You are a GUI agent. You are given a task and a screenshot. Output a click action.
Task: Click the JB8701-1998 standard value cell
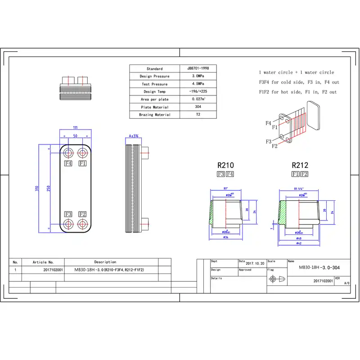pyautogui.click(x=198, y=68)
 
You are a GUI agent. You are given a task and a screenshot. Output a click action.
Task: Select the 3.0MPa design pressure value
pyautogui.click(x=198, y=76)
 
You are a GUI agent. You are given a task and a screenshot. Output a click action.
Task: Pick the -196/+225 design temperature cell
pyautogui.click(x=198, y=92)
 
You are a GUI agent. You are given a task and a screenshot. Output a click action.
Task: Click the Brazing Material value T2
pyautogui.click(x=198, y=115)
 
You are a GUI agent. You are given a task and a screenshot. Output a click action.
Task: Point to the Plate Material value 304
pyautogui.click(x=198, y=107)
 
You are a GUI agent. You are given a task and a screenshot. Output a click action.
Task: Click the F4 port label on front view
pyautogui.click(x=68, y=163)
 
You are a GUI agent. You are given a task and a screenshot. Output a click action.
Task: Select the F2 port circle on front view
pyautogui.click(x=82, y=224)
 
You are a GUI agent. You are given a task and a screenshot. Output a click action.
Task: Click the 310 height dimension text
pyautogui.click(x=37, y=188)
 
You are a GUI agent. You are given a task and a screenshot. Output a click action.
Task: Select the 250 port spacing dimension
pyautogui.click(x=47, y=188)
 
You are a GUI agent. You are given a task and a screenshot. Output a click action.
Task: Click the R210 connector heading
pyautogui.click(x=225, y=165)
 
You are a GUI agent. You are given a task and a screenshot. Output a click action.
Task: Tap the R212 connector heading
pyautogui.click(x=300, y=165)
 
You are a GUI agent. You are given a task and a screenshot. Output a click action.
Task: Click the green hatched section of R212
pyautogui.click(x=283, y=213)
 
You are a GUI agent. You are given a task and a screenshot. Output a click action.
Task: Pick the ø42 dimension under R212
pyautogui.click(x=299, y=243)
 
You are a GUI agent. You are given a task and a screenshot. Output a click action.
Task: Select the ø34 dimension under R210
pyautogui.click(x=225, y=237)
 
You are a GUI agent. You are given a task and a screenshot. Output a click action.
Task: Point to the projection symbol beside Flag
pyautogui.click(x=276, y=279)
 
